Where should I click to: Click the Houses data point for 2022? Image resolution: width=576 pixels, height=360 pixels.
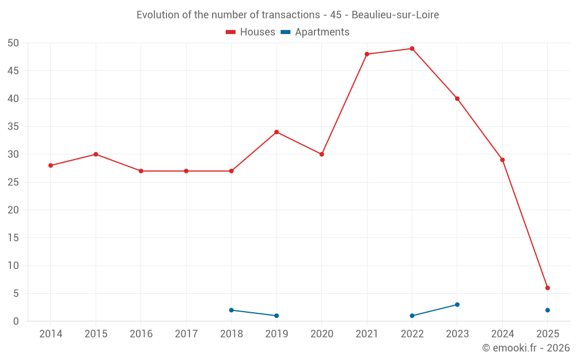(412, 48)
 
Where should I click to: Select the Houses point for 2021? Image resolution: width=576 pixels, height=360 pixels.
(367, 54)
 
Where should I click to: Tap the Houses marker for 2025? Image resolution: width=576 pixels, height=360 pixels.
(548, 288)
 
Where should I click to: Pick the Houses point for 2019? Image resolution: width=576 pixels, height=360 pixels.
(276, 132)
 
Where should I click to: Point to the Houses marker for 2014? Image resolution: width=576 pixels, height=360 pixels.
(51, 165)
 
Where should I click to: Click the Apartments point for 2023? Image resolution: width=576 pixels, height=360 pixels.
(457, 305)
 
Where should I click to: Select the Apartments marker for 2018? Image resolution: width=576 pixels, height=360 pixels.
(232, 310)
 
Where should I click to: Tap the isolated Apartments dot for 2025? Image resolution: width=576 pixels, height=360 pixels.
(548, 310)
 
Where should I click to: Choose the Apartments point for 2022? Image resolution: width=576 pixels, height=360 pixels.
(412, 316)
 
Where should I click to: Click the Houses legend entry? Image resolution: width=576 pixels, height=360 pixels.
(251, 32)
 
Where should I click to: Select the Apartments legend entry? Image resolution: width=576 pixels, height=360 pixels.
(315, 32)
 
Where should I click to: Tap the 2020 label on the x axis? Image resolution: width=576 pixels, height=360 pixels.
(322, 334)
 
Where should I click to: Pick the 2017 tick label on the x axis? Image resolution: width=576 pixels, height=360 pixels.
(186, 334)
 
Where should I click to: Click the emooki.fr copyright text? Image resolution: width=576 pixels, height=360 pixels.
(526, 348)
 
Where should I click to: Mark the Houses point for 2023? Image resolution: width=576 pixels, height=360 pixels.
(457, 98)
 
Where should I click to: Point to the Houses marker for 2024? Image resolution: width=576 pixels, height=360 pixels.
(502, 160)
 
